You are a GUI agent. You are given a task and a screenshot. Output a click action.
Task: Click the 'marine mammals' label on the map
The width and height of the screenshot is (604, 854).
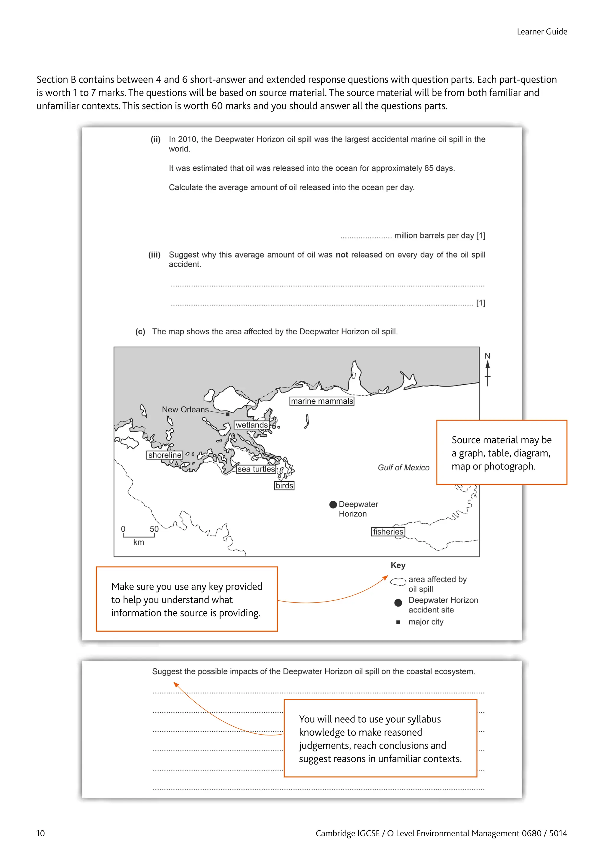pos(322,401)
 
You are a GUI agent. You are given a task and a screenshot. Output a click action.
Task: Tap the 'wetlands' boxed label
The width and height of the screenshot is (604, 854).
pos(251,425)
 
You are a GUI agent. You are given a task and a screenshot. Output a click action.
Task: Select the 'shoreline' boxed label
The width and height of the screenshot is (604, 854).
pos(165,455)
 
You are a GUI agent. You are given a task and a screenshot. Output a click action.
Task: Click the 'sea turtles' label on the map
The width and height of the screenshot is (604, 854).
pos(256,469)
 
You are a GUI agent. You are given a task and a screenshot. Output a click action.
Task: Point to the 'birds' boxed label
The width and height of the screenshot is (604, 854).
pos(284,485)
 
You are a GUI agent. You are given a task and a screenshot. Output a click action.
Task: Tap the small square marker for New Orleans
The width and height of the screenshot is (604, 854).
pos(227,414)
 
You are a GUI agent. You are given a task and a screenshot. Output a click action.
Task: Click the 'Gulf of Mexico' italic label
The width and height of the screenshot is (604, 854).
pos(403,467)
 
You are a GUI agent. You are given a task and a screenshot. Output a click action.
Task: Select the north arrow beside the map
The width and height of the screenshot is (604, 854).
pos(487,370)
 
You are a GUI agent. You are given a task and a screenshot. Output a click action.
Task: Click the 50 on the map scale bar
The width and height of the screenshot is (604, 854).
pos(154,529)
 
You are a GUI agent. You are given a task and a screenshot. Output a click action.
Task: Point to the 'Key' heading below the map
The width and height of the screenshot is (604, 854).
pos(398,565)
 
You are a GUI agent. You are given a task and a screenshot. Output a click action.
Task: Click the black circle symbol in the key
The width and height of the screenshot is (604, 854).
pos(398,602)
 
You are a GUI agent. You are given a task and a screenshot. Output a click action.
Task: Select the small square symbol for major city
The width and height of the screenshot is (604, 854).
pos(398,622)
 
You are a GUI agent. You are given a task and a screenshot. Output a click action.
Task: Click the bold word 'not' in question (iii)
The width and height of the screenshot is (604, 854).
pos(342,255)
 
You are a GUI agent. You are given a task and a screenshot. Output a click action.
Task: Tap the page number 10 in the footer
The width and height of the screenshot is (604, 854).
pos(40,833)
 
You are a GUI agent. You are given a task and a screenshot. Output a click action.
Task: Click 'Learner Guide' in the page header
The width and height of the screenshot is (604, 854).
pos(541,32)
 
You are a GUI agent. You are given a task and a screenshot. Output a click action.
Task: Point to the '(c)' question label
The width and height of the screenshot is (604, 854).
pos(140,331)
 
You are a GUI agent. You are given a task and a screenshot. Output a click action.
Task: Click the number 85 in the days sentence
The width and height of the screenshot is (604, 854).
pos(429,168)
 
